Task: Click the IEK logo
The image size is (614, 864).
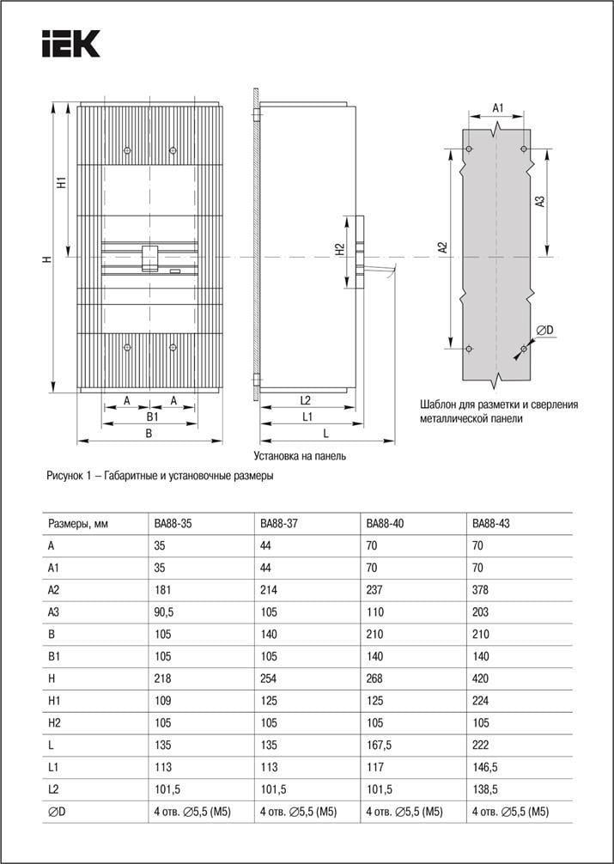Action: pos(71,43)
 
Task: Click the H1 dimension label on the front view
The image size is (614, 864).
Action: pos(61,182)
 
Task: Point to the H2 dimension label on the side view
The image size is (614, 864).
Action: pos(341,249)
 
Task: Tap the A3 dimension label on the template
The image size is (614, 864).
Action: pos(540,202)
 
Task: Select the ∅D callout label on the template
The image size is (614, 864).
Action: pos(544,331)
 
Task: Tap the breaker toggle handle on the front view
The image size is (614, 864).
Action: pos(149,257)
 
